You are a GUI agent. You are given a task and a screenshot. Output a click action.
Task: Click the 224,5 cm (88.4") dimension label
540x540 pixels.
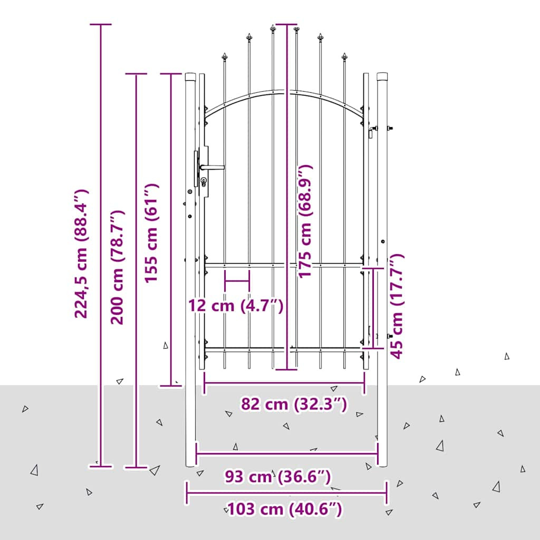coord(82,254)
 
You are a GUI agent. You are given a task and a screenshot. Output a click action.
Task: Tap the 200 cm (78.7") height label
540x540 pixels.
coord(117,267)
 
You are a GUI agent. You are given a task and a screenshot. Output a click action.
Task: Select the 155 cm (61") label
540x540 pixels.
coord(151,233)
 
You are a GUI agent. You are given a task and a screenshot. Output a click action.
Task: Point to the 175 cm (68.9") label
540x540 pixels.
coord(305,221)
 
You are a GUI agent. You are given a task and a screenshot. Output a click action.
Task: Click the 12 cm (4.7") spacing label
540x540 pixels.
coord(236,305)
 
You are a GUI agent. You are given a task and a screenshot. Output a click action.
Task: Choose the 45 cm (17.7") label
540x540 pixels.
coord(397,306)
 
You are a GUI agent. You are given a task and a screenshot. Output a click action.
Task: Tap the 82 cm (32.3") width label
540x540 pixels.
coord(294,404)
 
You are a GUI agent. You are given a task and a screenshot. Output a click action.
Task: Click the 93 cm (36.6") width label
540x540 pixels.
coord(278,477)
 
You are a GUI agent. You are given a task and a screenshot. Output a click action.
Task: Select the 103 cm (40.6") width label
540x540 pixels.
coord(285,509)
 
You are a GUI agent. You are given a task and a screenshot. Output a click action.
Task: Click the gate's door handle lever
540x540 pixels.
coord(212,167)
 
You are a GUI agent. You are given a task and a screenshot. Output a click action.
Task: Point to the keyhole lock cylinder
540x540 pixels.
coord(204,181)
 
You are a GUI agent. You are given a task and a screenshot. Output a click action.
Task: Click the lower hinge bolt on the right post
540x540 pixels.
coord(390,336)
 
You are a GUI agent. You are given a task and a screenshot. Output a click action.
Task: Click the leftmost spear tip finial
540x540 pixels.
coord(225,57)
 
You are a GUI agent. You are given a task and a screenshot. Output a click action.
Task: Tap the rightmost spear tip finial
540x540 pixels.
coord(344,57)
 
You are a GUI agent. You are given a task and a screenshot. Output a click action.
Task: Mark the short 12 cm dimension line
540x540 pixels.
coord(237,281)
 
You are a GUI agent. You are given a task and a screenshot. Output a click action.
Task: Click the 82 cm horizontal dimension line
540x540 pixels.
coord(284,383)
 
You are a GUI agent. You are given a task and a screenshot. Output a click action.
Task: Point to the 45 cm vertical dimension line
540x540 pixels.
coord(374,308)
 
